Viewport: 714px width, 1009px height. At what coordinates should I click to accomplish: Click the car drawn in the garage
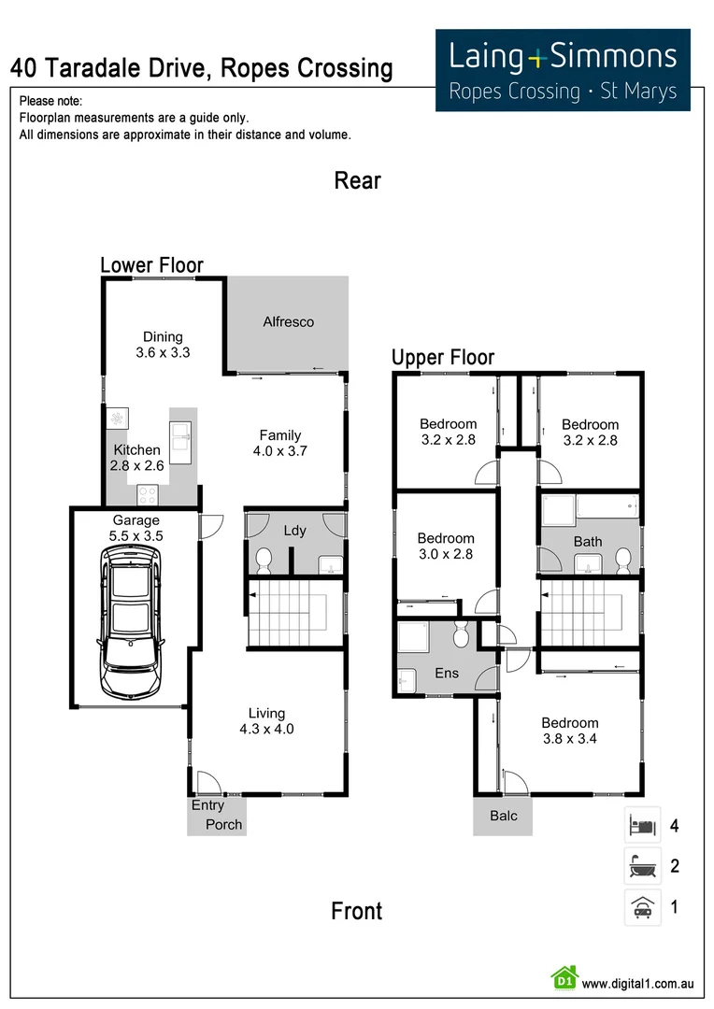point(131,621)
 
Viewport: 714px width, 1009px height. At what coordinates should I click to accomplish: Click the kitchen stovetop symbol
point(147,493)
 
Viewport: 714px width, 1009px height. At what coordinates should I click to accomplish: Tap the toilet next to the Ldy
point(264,560)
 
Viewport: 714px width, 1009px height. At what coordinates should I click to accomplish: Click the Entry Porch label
point(216,815)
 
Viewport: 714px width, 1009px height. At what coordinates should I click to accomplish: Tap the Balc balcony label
point(504,816)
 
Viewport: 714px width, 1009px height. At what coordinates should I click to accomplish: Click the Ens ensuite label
point(447,673)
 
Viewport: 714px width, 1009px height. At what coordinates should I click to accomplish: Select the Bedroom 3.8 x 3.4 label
point(570,731)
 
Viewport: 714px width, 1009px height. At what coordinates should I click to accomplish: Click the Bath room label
point(589,542)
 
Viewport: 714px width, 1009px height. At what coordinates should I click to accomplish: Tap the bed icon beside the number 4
point(642,825)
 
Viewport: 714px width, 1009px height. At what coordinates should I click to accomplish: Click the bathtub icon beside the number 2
point(642,866)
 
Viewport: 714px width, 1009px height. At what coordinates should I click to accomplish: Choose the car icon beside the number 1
point(642,906)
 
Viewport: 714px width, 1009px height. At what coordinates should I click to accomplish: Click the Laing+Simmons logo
point(563,70)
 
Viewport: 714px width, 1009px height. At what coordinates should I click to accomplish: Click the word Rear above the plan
point(357,180)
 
